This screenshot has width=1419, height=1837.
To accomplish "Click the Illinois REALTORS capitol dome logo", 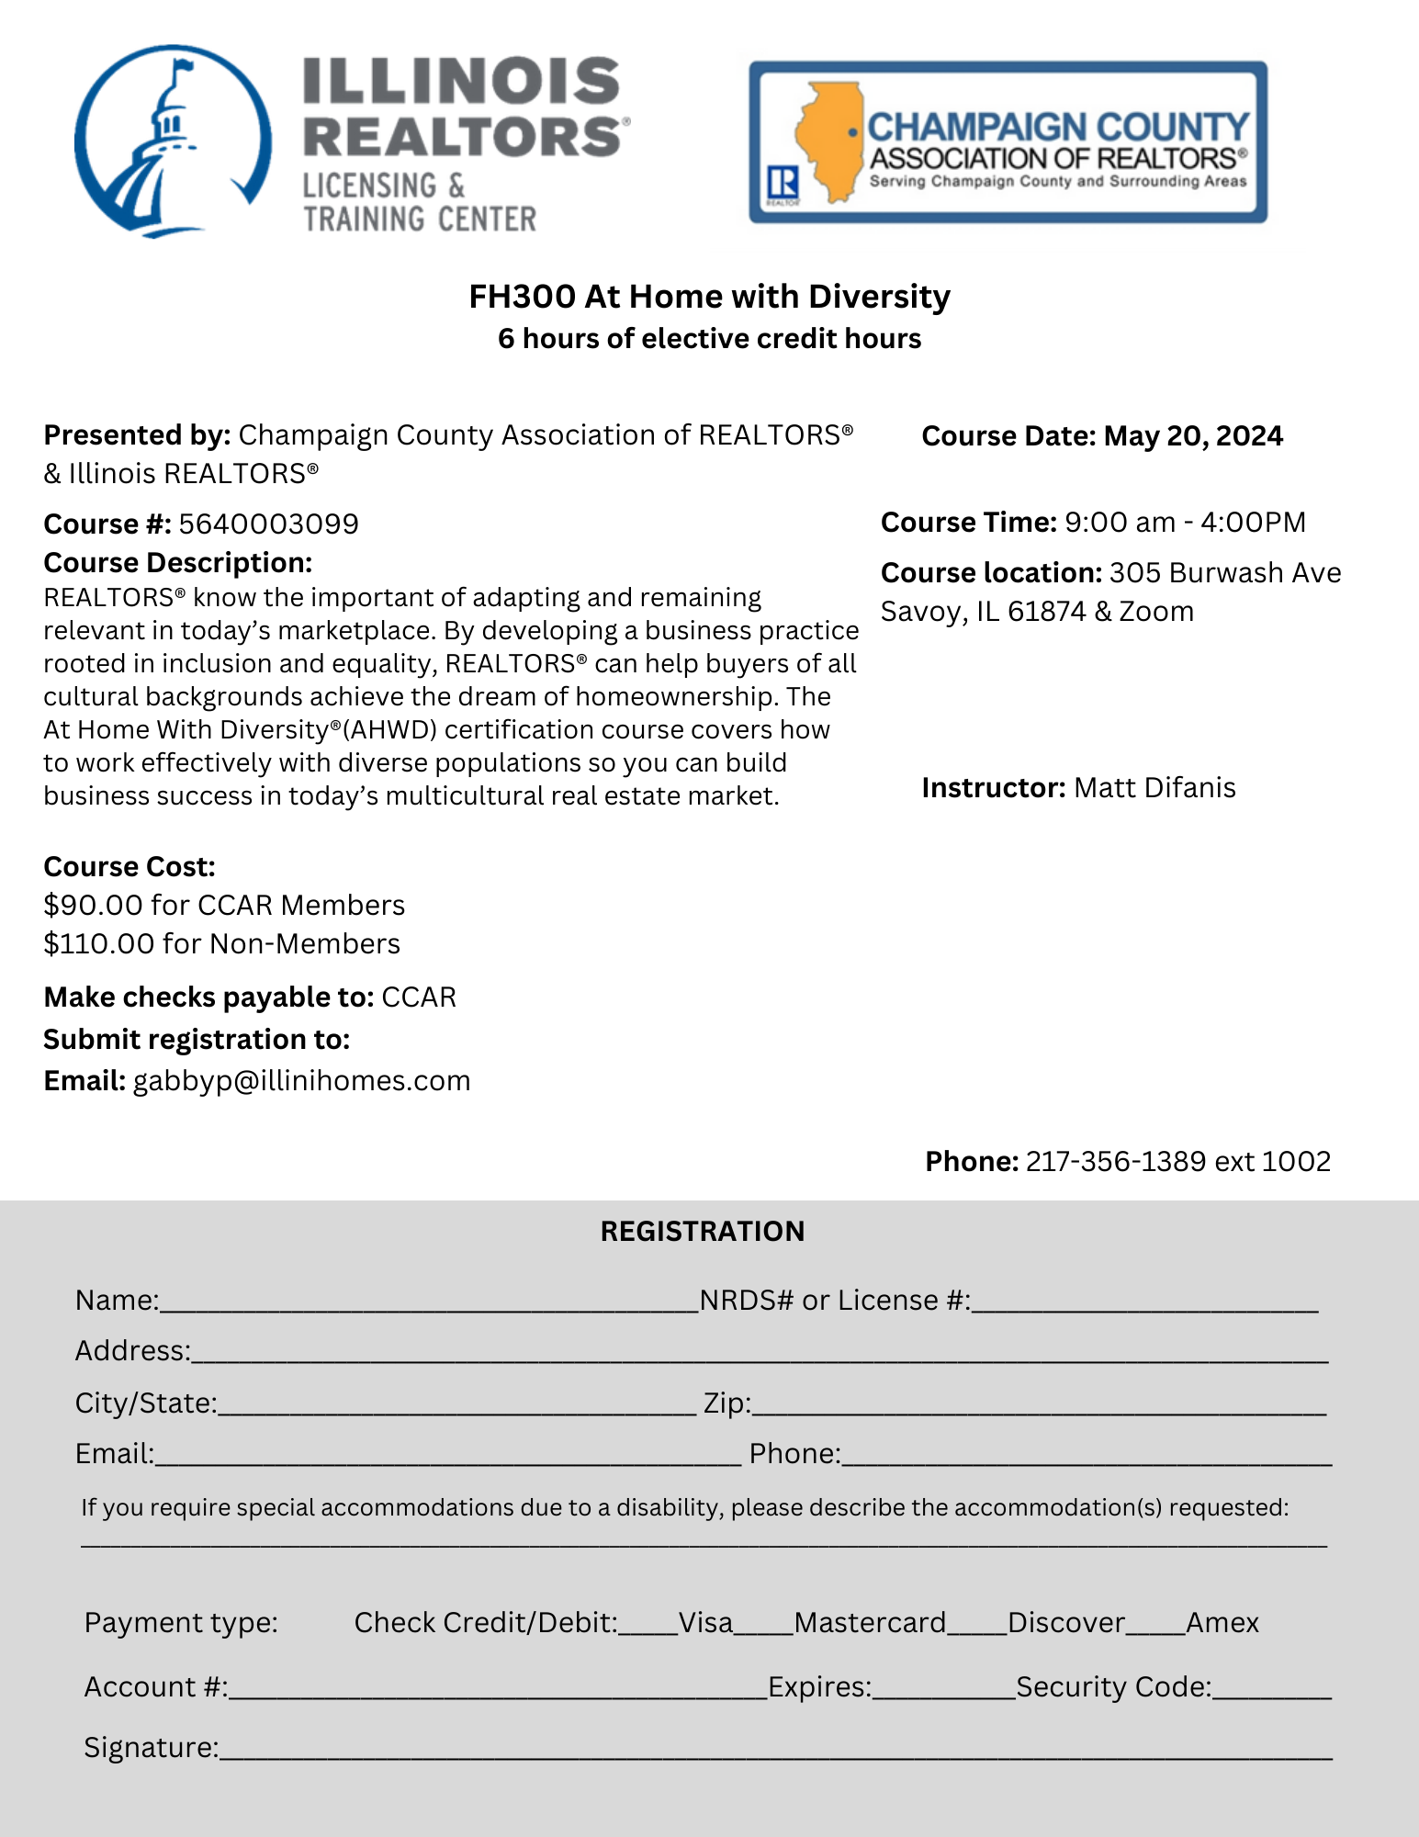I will [173, 142].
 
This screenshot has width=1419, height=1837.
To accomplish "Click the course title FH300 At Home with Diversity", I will [709, 297].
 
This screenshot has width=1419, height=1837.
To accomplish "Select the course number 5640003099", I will [268, 524].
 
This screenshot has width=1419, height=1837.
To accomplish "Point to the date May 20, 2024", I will [1193, 435].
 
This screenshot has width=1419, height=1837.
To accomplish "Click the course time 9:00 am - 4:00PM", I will [1185, 522].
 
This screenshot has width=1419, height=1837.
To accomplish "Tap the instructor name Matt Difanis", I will [1154, 787].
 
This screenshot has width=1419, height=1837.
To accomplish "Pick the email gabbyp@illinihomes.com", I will [301, 1080].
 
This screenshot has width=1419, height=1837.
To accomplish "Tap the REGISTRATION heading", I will [703, 1231].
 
